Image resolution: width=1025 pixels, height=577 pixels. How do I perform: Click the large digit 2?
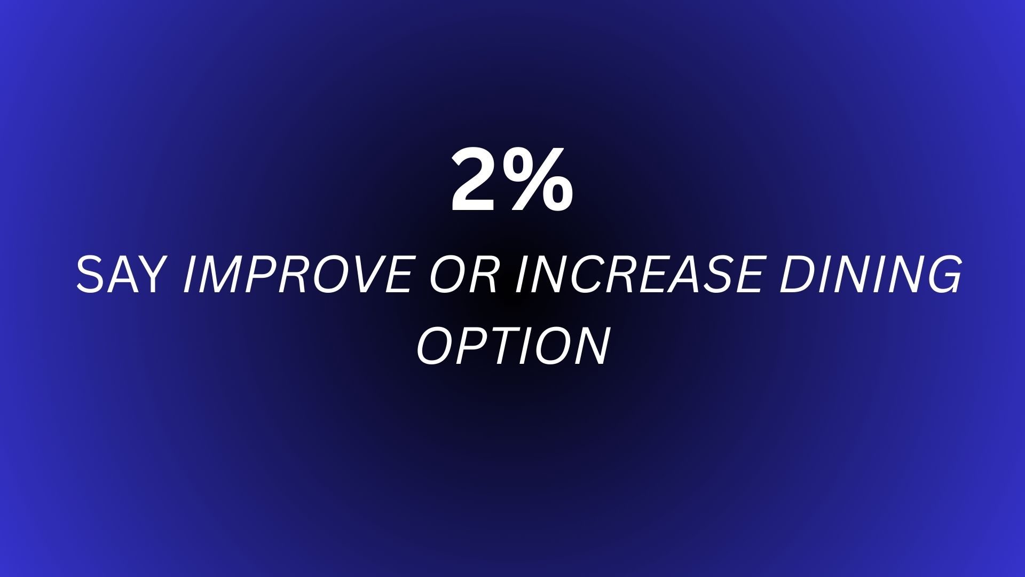474,180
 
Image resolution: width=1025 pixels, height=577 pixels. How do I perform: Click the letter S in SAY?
91,275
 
